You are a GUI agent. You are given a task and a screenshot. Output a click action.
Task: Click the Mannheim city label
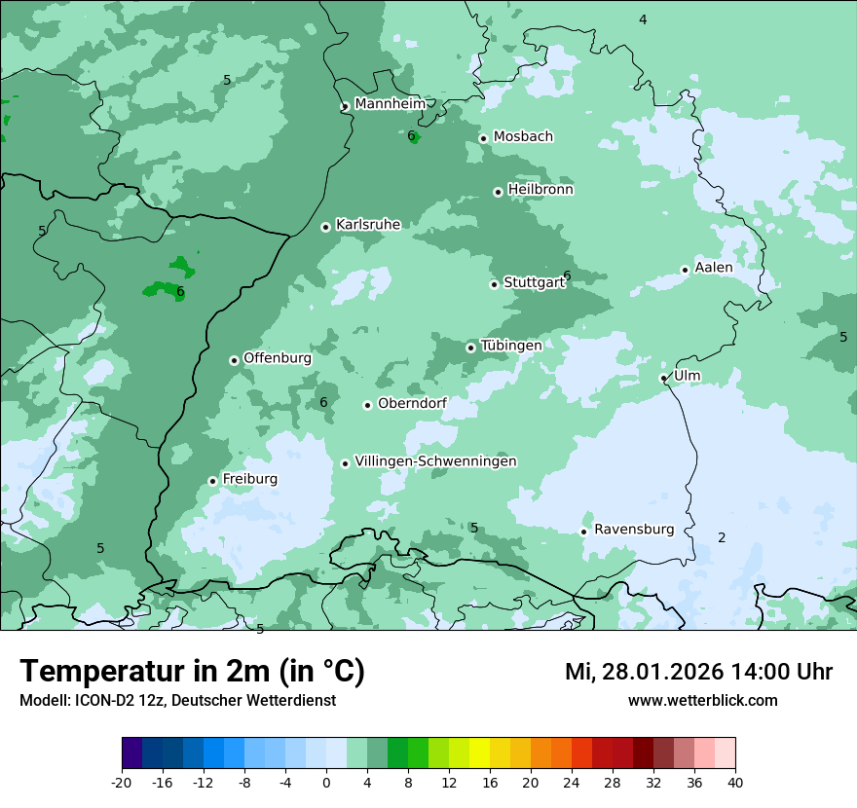390,104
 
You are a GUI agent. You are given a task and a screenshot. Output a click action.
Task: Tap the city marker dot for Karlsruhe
326,228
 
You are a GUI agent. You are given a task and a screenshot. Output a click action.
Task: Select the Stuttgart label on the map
534,283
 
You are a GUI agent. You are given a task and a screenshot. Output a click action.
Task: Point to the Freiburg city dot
212,481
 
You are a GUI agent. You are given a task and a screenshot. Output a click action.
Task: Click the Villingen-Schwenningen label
435,461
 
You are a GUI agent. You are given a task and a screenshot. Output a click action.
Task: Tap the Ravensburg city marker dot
583,532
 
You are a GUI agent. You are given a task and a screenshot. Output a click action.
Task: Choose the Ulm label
687,376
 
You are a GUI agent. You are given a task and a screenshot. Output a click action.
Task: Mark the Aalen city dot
685,271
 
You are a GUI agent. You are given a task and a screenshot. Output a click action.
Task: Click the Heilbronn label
540,190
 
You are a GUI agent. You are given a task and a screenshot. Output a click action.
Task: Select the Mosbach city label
523,137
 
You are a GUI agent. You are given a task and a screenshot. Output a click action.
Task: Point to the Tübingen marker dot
471,348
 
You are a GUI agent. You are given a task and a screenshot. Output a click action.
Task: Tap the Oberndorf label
412,404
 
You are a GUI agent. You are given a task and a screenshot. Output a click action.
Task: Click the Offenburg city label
278,358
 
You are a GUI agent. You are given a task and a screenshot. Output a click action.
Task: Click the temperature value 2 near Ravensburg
722,538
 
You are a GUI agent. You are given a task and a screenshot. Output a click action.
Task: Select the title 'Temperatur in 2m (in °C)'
192,672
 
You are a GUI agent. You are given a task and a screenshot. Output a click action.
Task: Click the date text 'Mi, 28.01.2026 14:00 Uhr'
698,673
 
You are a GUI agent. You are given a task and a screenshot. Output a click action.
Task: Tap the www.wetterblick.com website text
702,701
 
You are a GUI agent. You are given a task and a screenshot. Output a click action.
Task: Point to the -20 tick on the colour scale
122,782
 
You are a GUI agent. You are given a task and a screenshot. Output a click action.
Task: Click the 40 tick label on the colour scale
735,782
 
